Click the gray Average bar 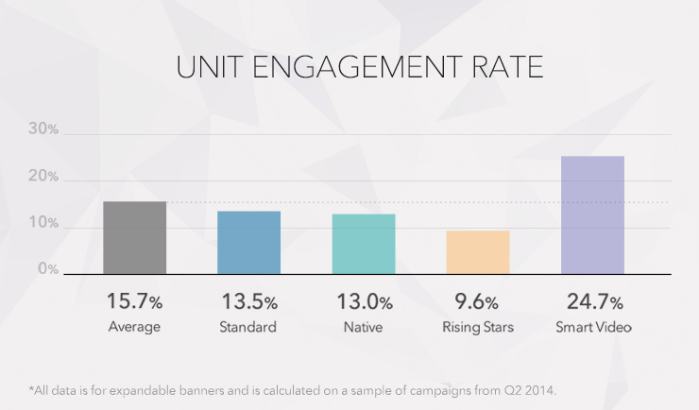coord(134,238)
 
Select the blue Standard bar coord(248,243)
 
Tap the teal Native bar coord(364,244)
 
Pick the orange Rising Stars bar coord(478,252)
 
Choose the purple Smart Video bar coord(592,215)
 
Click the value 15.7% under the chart coord(134,302)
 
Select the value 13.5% coord(248,302)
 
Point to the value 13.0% coord(364,302)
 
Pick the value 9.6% coord(478,302)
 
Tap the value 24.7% coord(592,302)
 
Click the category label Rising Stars coord(478,328)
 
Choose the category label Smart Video coord(592,328)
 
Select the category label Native coord(364,328)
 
